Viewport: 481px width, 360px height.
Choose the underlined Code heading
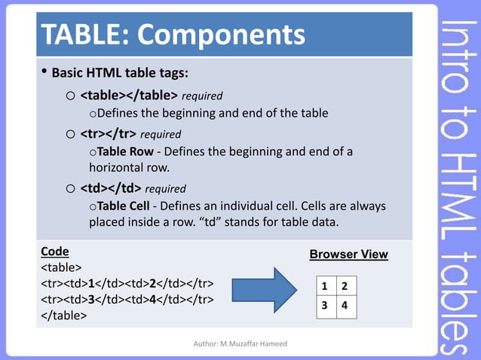coord(54,252)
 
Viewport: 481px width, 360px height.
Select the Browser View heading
coord(348,255)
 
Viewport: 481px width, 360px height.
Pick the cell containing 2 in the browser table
coord(345,287)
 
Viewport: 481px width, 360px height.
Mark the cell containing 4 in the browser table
coord(345,307)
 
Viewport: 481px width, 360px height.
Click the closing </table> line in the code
coord(64,316)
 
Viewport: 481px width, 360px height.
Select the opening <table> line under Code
coord(61,267)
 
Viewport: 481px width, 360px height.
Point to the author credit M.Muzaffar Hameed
coord(240,343)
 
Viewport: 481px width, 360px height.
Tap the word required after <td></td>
coord(164,188)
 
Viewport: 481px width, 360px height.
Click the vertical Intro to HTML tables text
coord(459,181)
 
